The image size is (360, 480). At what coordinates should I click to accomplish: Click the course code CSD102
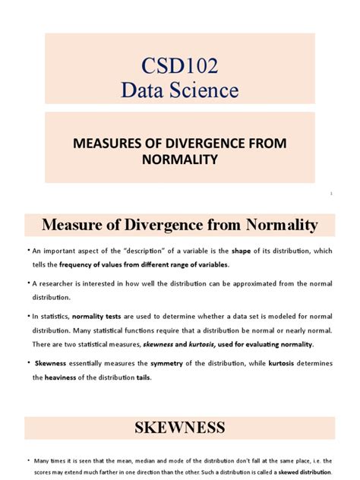click(180, 66)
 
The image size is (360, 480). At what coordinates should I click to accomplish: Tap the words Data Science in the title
click(180, 91)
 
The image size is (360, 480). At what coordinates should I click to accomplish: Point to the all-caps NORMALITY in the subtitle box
click(180, 159)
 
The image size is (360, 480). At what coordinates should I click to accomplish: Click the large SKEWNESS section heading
click(179, 427)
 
